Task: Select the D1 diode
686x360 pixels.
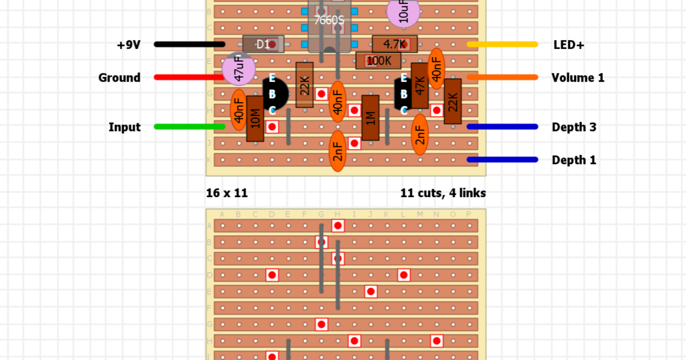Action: coord(263,44)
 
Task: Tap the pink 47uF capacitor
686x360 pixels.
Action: coord(238,70)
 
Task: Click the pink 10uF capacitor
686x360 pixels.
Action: coord(404,12)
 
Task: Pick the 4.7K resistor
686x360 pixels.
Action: coord(395,44)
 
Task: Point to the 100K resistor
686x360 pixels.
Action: coord(379,61)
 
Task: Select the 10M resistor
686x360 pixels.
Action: coord(255,119)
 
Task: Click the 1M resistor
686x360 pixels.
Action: coord(370,118)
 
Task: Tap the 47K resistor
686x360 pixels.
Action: coord(420,86)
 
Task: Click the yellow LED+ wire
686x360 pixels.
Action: coord(502,44)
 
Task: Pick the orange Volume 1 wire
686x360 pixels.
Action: coord(502,77)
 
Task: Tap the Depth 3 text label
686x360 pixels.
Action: coord(573,127)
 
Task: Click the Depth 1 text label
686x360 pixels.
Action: coord(573,160)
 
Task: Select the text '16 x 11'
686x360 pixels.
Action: coord(227,193)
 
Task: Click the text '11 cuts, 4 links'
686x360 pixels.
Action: coord(443,193)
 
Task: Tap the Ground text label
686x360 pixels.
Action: coord(119,78)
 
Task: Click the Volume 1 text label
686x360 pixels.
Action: coord(577,78)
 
